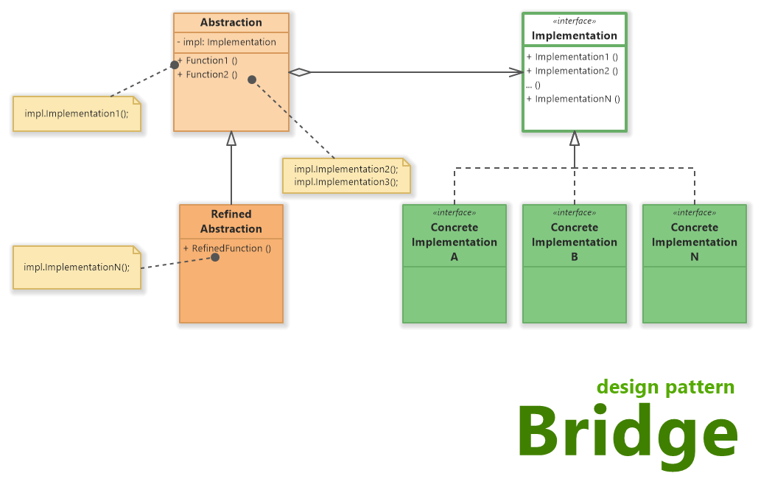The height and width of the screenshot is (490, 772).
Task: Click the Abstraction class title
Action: (231, 23)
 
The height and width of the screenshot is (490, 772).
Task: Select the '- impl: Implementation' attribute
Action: (227, 42)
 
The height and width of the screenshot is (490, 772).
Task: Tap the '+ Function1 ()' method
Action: (209, 60)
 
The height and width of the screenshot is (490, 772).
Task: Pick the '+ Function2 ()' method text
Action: (209, 74)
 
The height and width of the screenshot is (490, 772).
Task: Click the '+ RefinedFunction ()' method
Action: (227, 248)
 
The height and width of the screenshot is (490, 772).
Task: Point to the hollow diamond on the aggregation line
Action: (300, 72)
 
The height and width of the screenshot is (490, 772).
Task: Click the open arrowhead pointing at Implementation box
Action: (515, 72)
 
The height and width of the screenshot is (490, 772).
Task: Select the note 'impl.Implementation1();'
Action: (77, 114)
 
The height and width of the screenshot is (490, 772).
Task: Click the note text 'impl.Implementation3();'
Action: (345, 181)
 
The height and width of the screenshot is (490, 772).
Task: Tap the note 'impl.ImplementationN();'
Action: (77, 267)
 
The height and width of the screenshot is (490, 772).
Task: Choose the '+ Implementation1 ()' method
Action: (572, 57)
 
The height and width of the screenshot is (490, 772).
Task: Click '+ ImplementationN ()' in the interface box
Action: (573, 99)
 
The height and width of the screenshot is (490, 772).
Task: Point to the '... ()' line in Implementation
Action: (533, 85)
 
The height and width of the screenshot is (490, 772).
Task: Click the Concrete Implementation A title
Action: (455, 242)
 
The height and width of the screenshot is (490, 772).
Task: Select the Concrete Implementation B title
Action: (575, 242)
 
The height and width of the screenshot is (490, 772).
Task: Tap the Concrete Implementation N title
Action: (695, 242)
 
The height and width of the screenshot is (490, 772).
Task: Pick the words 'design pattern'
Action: (665, 387)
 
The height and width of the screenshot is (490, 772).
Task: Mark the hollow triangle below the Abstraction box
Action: (231, 138)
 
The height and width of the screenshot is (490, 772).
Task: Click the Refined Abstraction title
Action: (231, 221)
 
